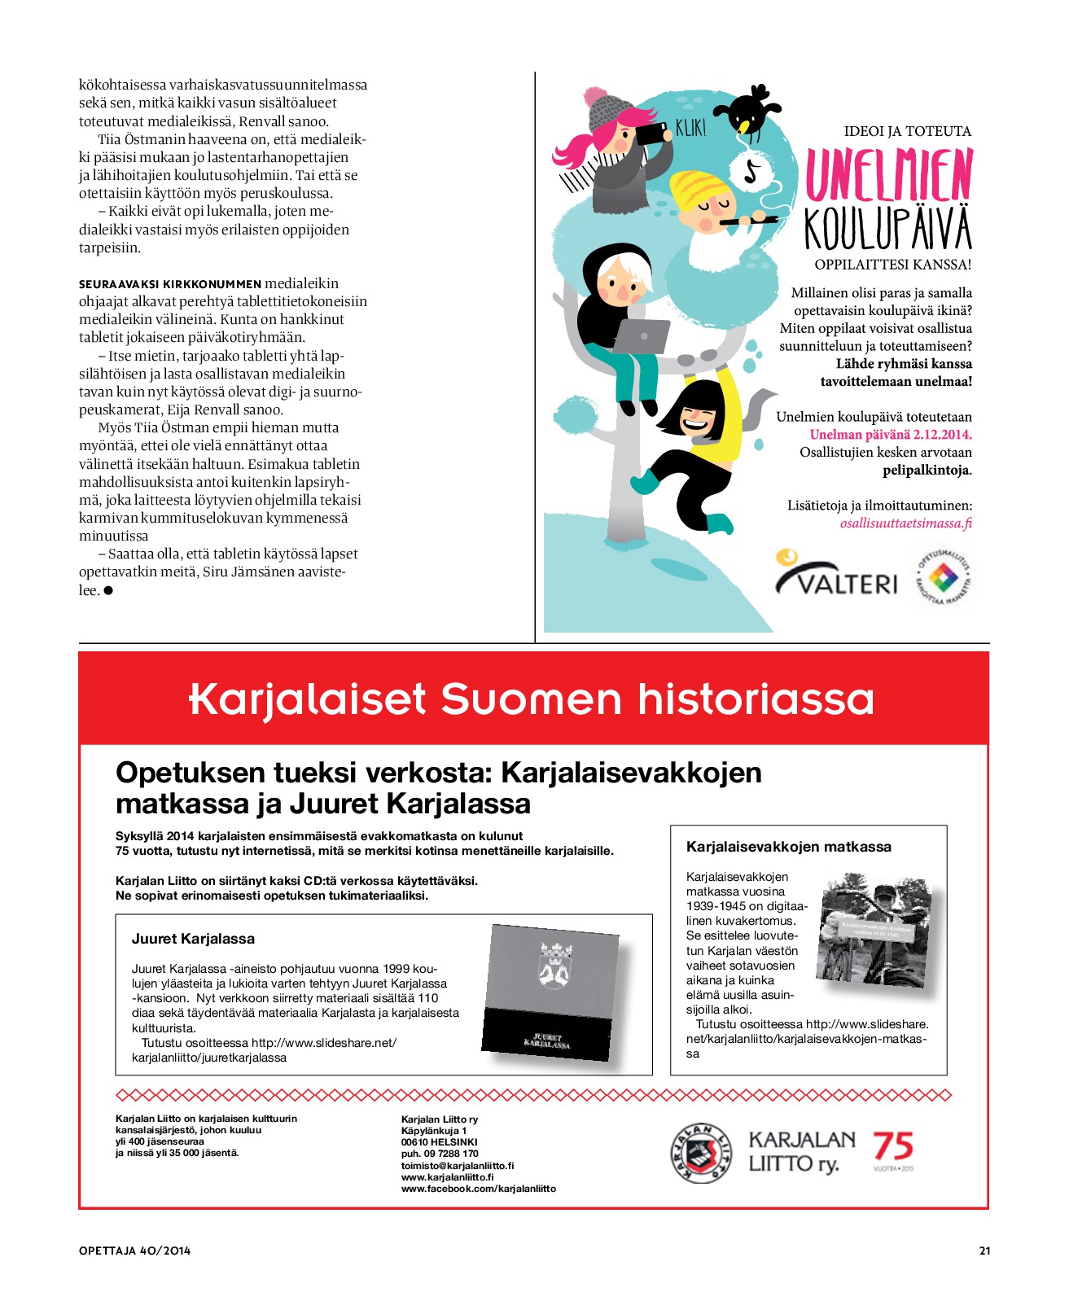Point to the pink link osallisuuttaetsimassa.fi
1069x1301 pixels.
click(x=905, y=523)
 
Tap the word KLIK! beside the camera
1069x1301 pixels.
click(x=690, y=129)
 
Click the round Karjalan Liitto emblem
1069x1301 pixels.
click(x=700, y=1153)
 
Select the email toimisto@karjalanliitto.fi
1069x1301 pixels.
click(x=458, y=1166)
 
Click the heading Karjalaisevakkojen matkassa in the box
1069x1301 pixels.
click(x=788, y=847)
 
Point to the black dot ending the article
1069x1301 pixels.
click(x=108, y=590)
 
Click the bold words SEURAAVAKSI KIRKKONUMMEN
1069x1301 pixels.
click(x=170, y=284)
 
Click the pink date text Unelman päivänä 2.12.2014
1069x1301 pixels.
click(x=890, y=435)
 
